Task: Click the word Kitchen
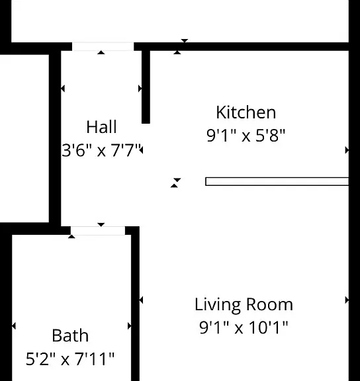pyautogui.click(x=246, y=112)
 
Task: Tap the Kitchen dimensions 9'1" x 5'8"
pyautogui.click(x=246, y=136)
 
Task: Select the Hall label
pyautogui.click(x=102, y=127)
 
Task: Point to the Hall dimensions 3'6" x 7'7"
pyautogui.click(x=102, y=150)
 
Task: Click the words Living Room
pyautogui.click(x=244, y=305)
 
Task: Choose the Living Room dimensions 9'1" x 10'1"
pyautogui.click(x=244, y=327)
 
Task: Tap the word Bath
pyautogui.click(x=70, y=336)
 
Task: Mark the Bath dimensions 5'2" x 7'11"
pyautogui.click(x=70, y=359)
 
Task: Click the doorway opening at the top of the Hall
pyautogui.click(x=103, y=47)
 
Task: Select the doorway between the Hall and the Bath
pyautogui.click(x=98, y=231)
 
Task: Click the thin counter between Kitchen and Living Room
pyautogui.click(x=277, y=181)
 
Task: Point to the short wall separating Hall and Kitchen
pyautogui.click(x=146, y=87)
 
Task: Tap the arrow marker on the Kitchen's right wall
pyautogui.click(x=347, y=150)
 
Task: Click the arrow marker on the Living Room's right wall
pyautogui.click(x=347, y=300)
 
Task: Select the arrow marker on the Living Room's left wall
pyautogui.click(x=141, y=300)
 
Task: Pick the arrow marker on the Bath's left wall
pyautogui.click(x=14, y=326)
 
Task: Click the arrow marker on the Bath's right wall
pyautogui.click(x=130, y=326)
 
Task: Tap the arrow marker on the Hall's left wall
pyautogui.click(x=63, y=89)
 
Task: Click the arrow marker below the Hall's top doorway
pyautogui.click(x=101, y=52)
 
